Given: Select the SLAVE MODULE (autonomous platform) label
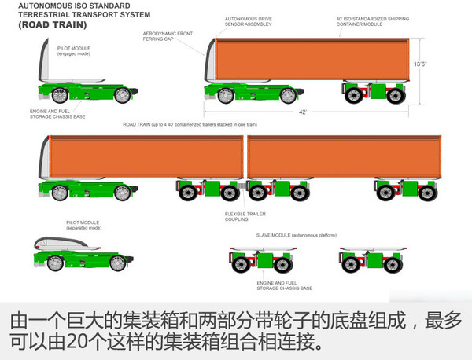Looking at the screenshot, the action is click(x=295, y=233).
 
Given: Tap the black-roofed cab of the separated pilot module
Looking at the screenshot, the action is click(x=64, y=244).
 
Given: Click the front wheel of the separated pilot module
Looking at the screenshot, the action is click(x=53, y=264).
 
